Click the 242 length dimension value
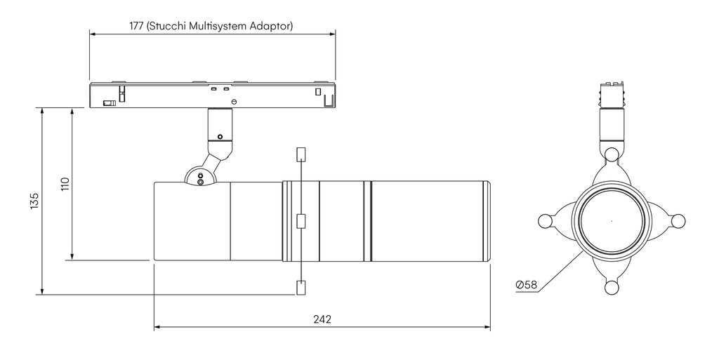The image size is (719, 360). click(x=322, y=319)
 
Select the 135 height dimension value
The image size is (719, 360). click(x=35, y=201)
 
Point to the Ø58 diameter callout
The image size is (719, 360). click(x=526, y=284)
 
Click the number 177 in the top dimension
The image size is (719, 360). click(x=136, y=26)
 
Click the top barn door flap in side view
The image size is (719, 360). click(x=301, y=155)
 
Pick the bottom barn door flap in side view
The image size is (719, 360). click(x=301, y=288)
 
